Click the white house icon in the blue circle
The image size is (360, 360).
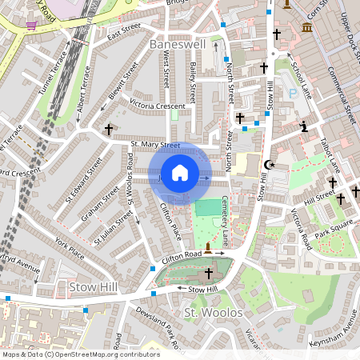point(180,172)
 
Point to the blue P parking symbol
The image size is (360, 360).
point(293,94)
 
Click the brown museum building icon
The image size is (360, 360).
point(307,29)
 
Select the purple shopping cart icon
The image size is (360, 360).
point(31,25)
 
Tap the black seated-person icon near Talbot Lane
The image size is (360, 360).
point(303,126)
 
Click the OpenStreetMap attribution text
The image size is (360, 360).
point(80,354)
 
